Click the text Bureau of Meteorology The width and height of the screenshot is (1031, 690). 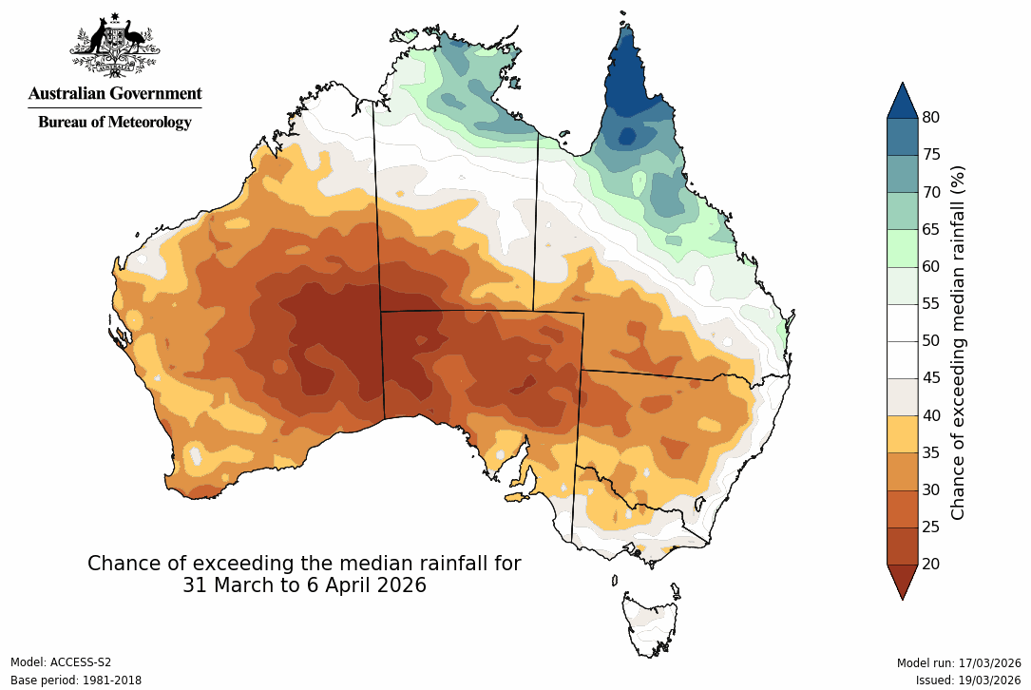tap(114, 122)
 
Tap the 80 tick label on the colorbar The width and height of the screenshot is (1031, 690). tap(931, 118)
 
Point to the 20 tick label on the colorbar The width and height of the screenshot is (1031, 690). tap(931, 564)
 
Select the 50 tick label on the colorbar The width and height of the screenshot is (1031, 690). tap(931, 341)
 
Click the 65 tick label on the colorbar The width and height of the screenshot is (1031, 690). tap(931, 229)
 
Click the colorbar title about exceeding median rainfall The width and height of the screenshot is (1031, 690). tap(959, 342)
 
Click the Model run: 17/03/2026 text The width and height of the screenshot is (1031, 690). tap(959, 662)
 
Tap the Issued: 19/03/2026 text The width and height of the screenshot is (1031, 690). tap(968, 680)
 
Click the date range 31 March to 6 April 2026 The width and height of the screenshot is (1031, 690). tap(304, 585)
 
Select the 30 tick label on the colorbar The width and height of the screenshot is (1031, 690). tap(931, 489)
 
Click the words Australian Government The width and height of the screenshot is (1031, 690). tap(114, 93)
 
